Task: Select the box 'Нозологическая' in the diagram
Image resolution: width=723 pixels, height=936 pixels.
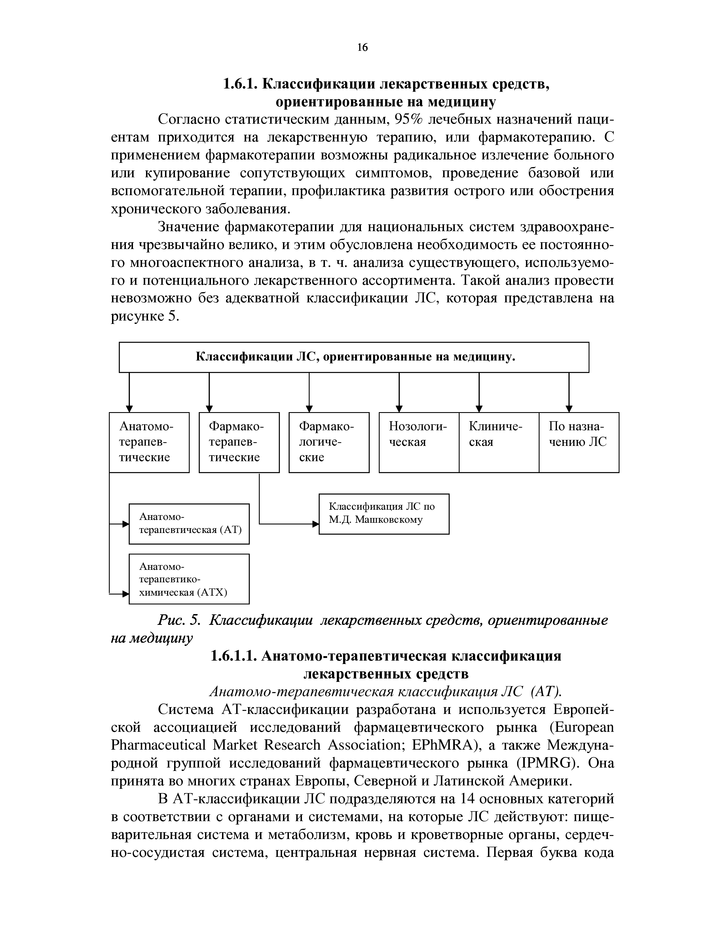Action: pyautogui.click(x=418, y=442)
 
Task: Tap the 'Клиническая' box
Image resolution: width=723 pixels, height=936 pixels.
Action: pyautogui.click(x=498, y=442)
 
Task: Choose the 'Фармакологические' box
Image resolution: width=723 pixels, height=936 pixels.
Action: pyautogui.click(x=329, y=442)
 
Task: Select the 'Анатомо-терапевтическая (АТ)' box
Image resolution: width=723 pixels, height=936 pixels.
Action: pyautogui.click(x=189, y=523)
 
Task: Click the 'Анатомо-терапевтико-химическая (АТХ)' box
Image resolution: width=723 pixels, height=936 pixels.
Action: pyautogui.click(x=189, y=579)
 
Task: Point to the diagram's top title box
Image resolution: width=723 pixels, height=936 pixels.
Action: pyautogui.click(x=354, y=357)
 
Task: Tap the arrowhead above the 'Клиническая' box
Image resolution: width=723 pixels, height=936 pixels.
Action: pyautogui.click(x=479, y=408)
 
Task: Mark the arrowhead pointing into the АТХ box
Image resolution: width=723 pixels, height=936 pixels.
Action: pyautogui.click(x=126, y=594)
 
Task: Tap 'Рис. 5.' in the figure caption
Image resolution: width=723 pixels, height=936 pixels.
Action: pyautogui.click(x=179, y=620)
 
